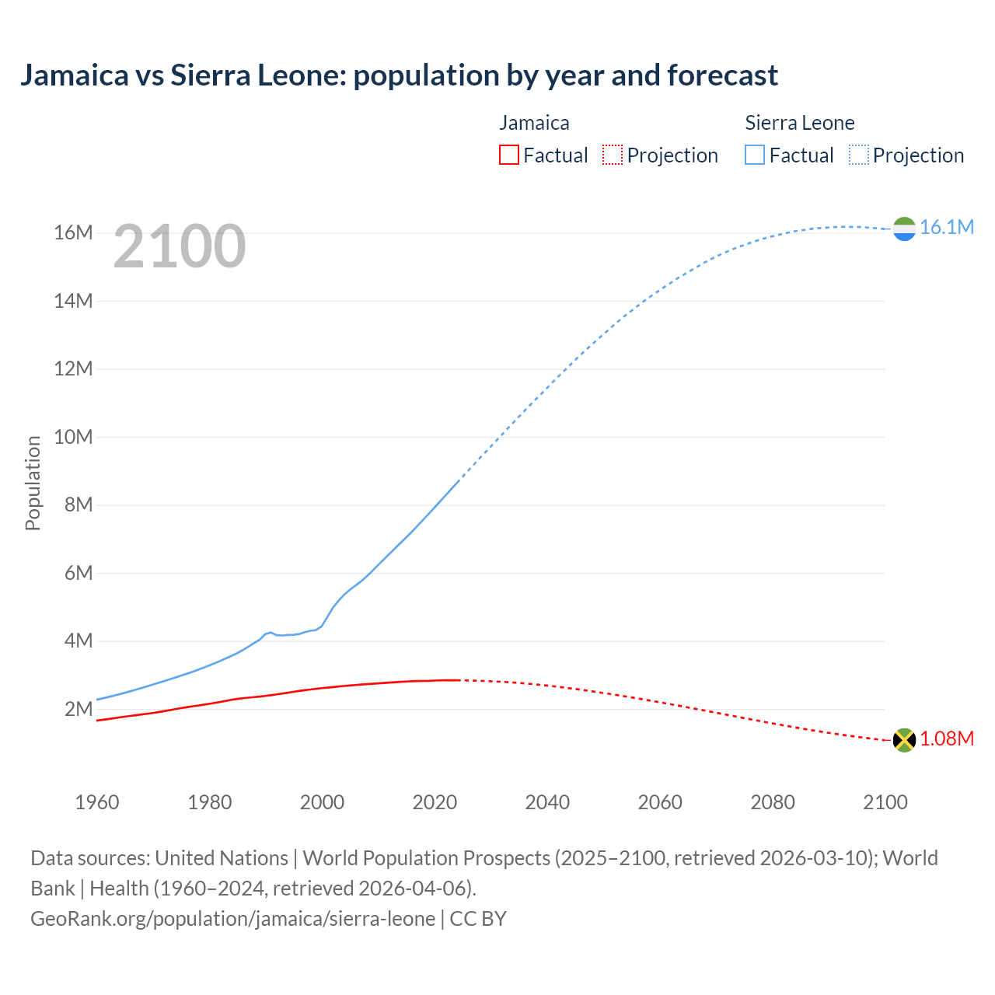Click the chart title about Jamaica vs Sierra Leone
(399, 75)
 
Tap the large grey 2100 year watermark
(180, 246)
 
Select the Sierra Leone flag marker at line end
(904, 229)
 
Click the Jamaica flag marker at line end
(904, 739)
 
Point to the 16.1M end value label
(946, 227)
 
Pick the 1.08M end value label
(946, 738)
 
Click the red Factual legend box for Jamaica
(509, 155)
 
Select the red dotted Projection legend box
(613, 155)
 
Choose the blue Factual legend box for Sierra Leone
(755, 155)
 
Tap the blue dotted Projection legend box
(859, 155)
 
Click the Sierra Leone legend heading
(799, 123)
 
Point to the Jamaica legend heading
(534, 123)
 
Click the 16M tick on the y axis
(74, 233)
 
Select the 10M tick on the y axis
(74, 437)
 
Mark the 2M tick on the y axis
(79, 709)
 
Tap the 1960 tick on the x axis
(97, 802)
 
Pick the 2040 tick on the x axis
(547, 802)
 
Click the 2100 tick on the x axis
(885, 802)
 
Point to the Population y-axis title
(33, 483)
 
